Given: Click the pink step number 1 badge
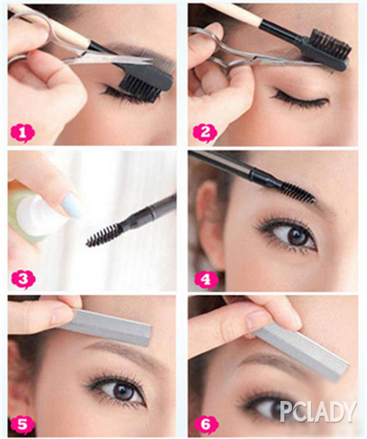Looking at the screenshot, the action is tap(23, 133).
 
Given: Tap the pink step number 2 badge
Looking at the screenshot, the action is tap(206, 133).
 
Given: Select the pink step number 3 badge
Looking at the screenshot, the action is tap(23, 278).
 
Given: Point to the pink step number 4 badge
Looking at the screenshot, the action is tap(206, 279).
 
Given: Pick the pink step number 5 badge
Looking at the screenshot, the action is tap(23, 424).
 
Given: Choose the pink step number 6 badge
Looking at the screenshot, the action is tap(206, 424).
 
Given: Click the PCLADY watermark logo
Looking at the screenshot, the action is tap(319, 412).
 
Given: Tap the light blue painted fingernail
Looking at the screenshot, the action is tap(72, 206).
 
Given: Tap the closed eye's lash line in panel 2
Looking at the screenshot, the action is tap(299, 98).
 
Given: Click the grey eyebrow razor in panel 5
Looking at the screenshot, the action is tap(106, 327).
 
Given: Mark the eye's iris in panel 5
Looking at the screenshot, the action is tap(124, 391).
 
